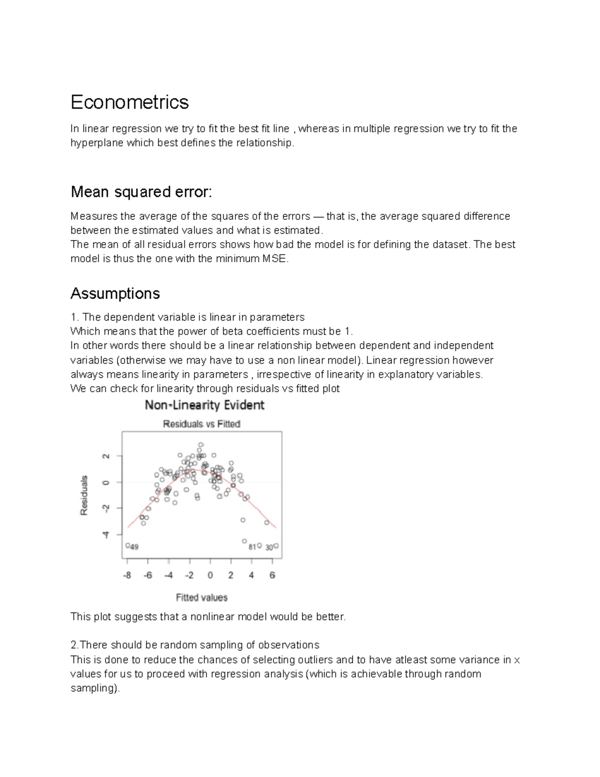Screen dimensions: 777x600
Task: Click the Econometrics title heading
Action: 129,102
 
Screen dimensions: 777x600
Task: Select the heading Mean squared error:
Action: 141,192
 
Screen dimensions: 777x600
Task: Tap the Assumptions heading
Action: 115,293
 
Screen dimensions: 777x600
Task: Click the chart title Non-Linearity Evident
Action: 204,405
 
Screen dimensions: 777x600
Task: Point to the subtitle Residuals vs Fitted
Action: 201,424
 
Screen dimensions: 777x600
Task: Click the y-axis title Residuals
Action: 84,495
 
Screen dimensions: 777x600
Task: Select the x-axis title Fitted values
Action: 201,597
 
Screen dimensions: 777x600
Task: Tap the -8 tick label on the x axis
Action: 127,575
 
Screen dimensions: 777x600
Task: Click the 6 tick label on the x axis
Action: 272,575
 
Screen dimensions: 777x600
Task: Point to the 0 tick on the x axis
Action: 210,575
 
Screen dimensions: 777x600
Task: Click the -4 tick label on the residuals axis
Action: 105,534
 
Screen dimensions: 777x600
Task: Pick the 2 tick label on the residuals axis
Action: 105,456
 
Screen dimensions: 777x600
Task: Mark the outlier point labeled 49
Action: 128,546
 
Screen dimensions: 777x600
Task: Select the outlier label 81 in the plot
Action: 252,547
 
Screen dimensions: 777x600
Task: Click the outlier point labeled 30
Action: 276,546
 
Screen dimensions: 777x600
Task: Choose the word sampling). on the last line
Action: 95,688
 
